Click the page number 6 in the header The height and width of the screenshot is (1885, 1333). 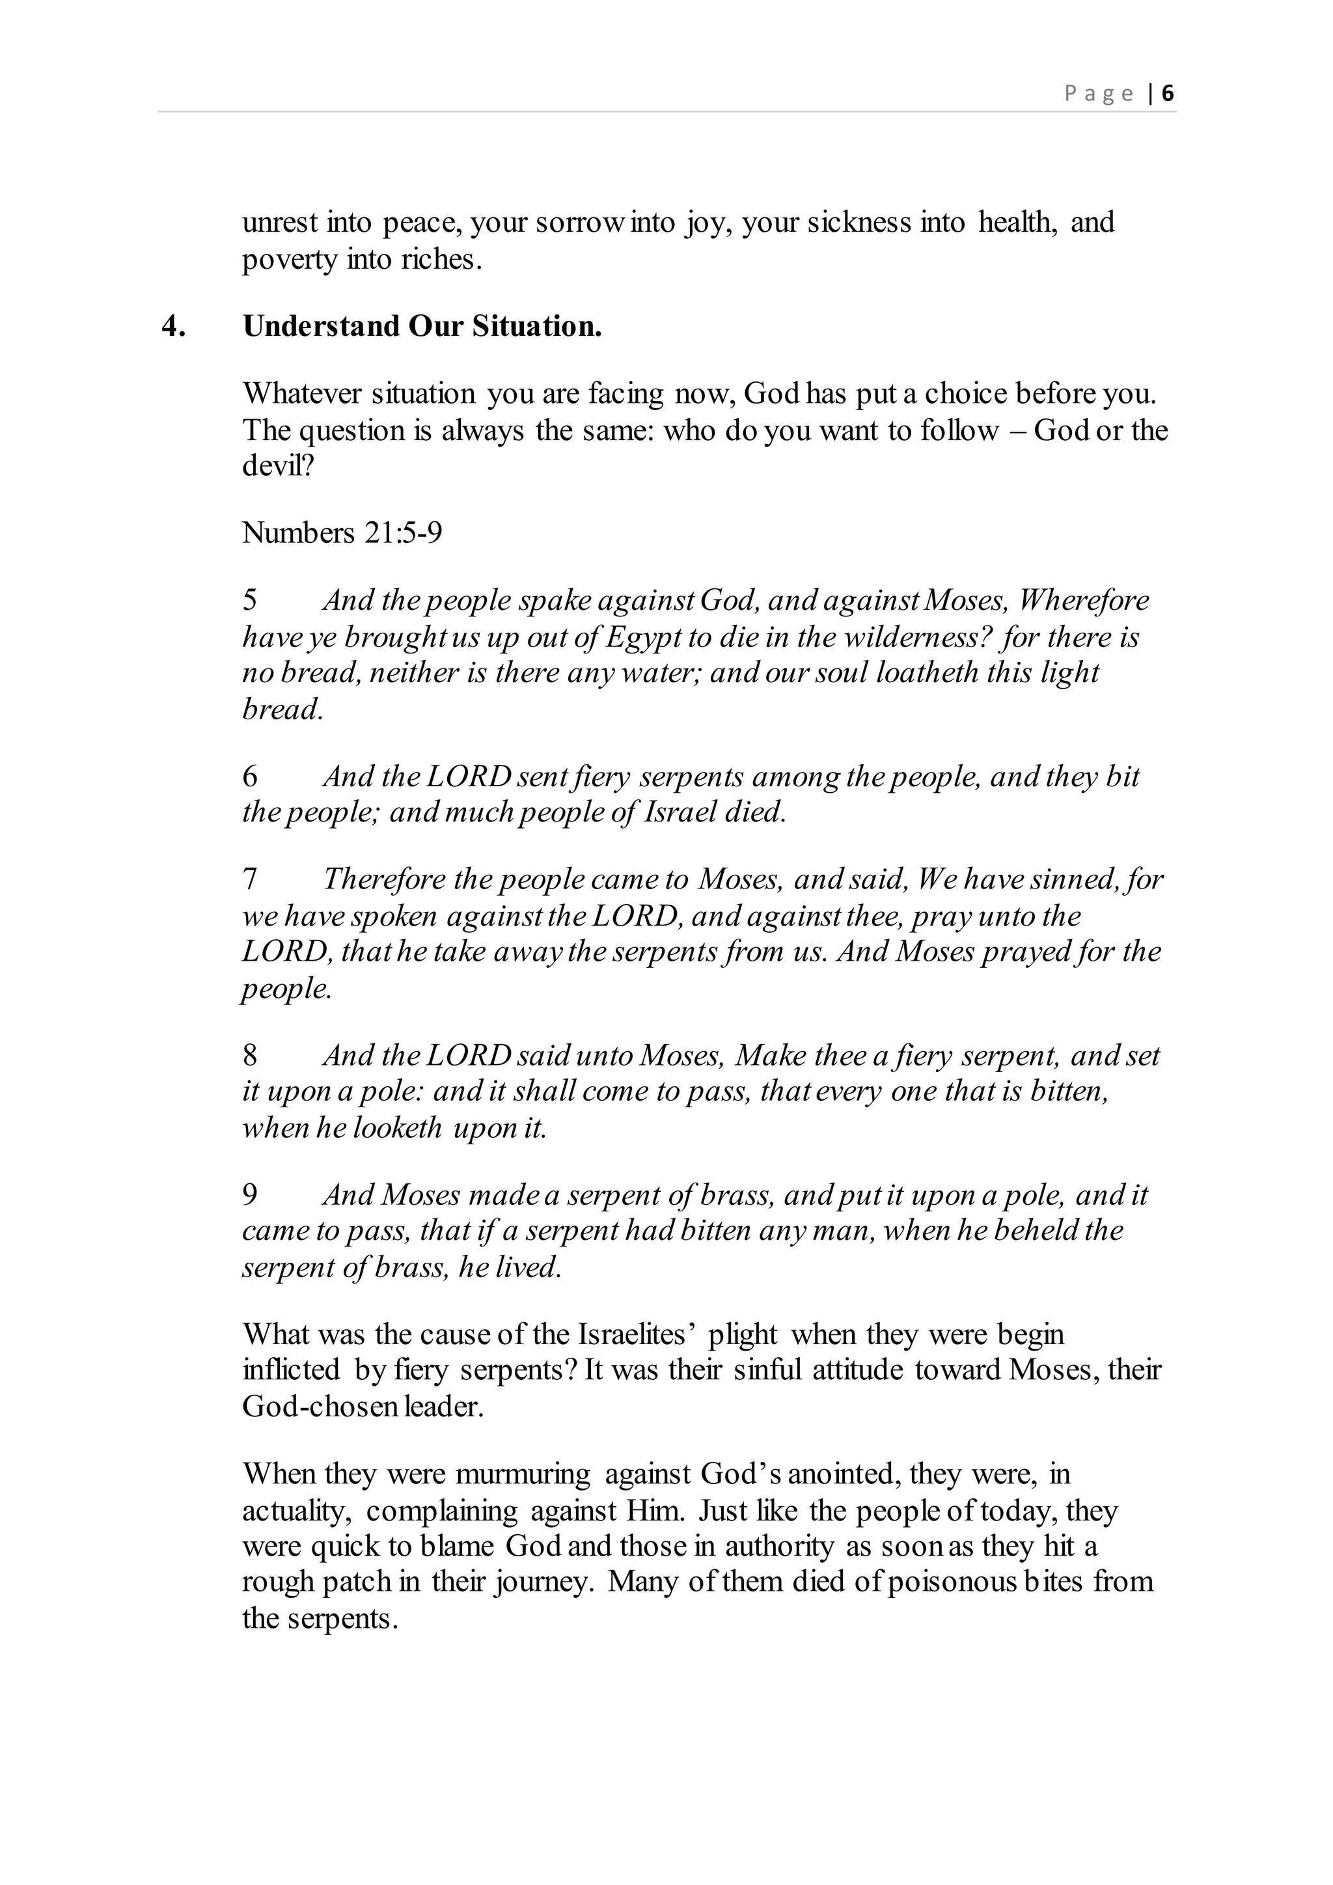point(1167,94)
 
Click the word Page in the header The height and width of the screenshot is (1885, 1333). point(1099,94)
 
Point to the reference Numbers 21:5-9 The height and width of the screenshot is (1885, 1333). point(342,533)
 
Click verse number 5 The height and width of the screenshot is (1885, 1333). point(249,600)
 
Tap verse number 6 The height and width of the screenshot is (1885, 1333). point(249,776)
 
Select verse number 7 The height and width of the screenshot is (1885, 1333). point(249,879)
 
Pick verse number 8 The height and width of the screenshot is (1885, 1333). point(249,1055)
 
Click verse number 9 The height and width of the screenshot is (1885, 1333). point(249,1194)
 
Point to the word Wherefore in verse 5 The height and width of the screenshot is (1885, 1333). point(1084,600)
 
